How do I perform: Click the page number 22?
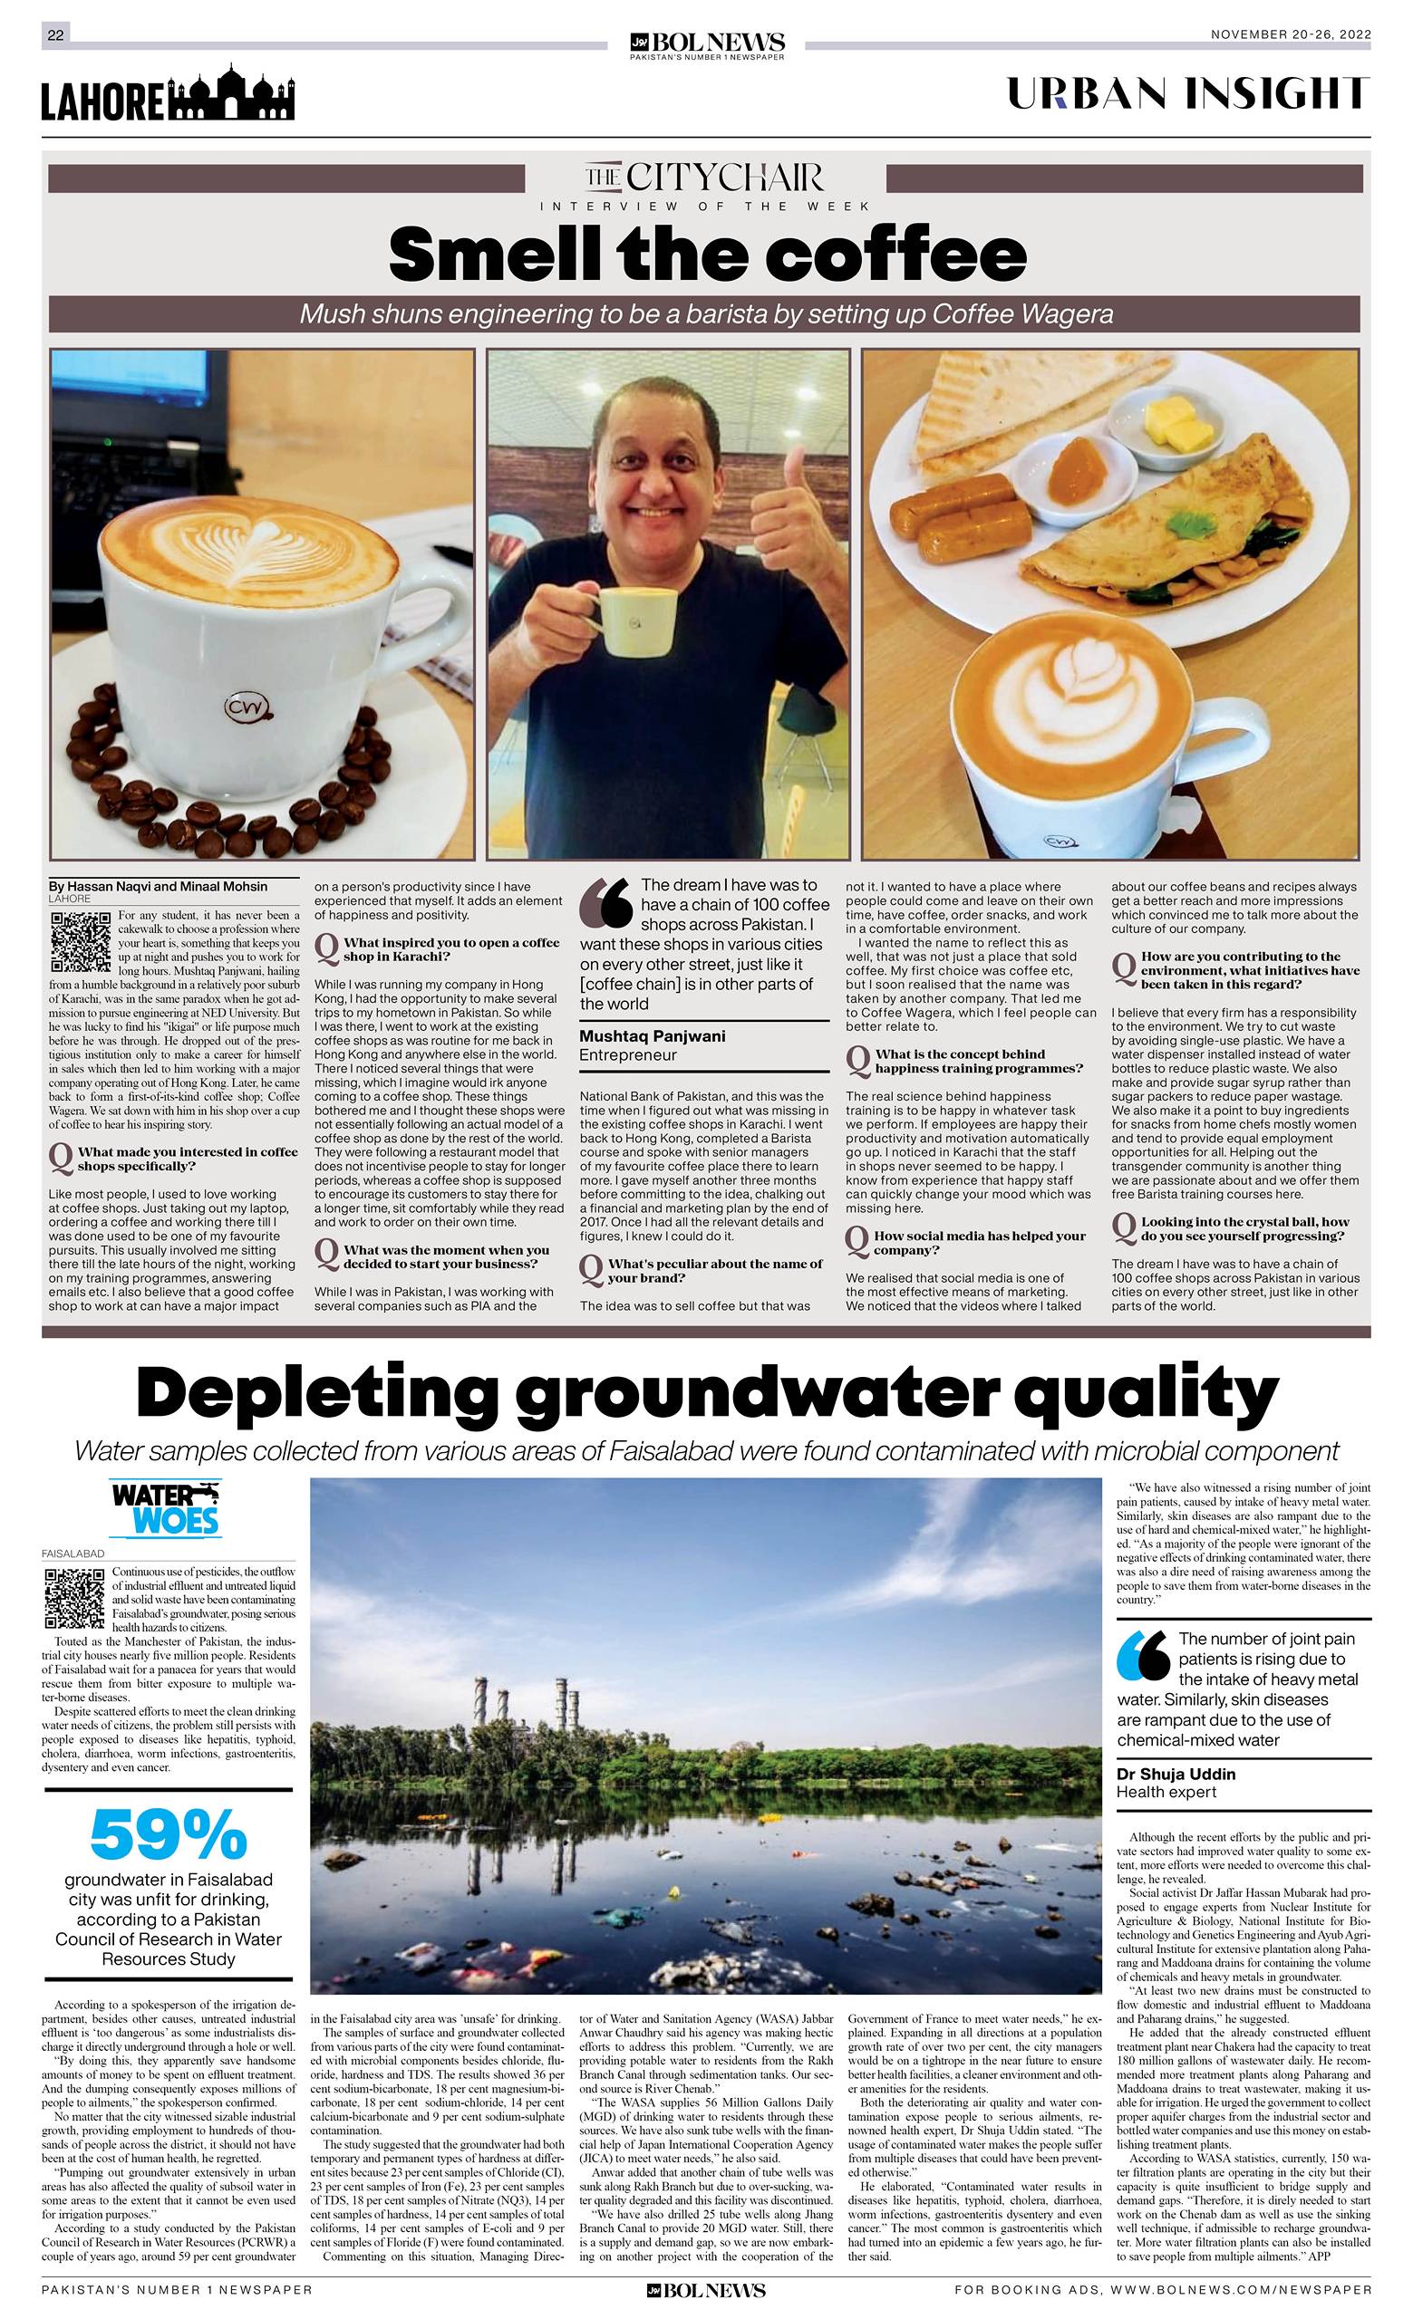click(x=55, y=34)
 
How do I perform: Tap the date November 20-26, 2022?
click(x=1290, y=34)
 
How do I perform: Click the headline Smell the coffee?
click(x=707, y=255)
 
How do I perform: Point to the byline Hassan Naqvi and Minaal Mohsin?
click(x=158, y=887)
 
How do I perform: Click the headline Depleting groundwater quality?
click(x=707, y=1393)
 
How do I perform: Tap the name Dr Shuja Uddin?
click(x=1176, y=1774)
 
